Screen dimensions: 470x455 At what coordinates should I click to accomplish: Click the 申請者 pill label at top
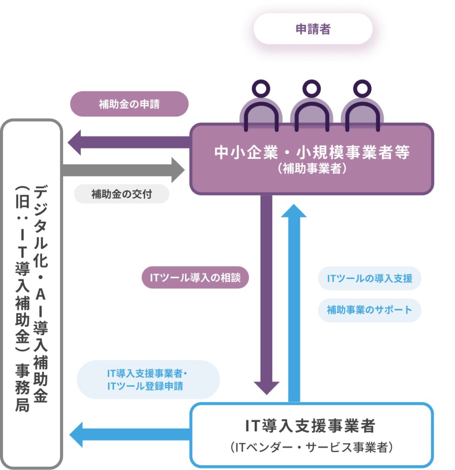[313, 29]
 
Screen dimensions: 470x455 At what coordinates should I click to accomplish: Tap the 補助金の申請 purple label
[129, 104]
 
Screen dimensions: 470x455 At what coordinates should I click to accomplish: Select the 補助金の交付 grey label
[122, 194]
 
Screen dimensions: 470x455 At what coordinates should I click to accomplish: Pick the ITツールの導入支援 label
[369, 279]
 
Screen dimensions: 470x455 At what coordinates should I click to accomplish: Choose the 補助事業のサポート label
[369, 310]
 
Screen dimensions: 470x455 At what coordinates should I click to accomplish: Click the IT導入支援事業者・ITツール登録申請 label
[148, 380]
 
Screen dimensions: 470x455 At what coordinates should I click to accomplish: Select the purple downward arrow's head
[267, 388]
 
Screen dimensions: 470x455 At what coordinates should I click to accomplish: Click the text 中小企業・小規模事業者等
[312, 152]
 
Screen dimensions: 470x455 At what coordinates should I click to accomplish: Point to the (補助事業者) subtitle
[312, 169]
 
